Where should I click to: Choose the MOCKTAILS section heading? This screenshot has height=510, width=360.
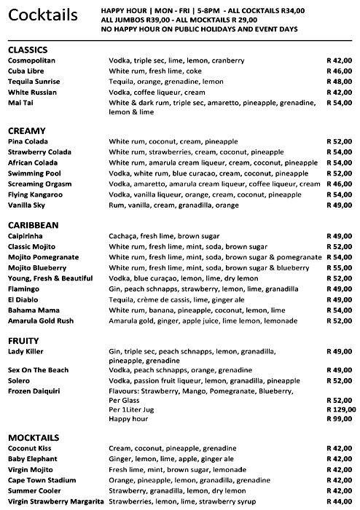coord(34,436)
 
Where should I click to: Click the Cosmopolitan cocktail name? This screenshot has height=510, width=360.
coord(31,60)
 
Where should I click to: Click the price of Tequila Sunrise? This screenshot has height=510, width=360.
coord(339,82)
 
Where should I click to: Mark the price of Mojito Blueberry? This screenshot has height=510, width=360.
coord(339,267)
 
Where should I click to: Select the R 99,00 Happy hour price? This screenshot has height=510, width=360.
coord(339,419)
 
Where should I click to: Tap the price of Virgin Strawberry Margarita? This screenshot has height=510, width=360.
coord(339,503)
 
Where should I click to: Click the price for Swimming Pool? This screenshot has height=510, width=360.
coord(339,173)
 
